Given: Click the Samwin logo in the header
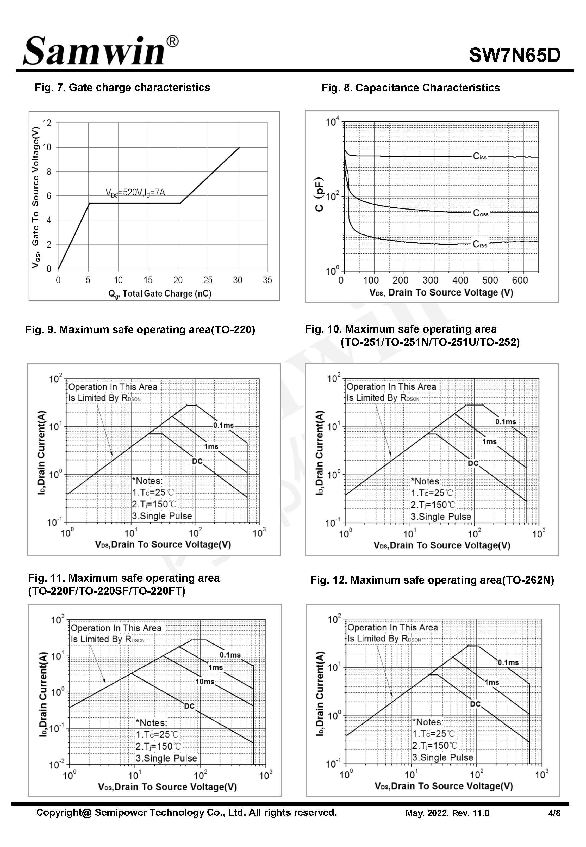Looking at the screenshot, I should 99,51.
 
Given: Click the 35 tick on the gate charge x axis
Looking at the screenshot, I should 267,280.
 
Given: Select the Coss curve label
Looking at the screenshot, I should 480,213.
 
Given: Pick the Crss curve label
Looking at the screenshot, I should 479,244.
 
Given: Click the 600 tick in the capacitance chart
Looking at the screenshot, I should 520,280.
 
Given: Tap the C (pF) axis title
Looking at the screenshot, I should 320,195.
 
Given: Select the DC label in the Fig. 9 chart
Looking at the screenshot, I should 197,461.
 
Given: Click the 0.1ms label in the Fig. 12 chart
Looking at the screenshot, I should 508,662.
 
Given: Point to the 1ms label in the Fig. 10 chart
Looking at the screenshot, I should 489,441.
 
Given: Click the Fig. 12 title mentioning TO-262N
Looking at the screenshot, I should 432,580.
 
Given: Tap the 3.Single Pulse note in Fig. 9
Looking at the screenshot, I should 162,516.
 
